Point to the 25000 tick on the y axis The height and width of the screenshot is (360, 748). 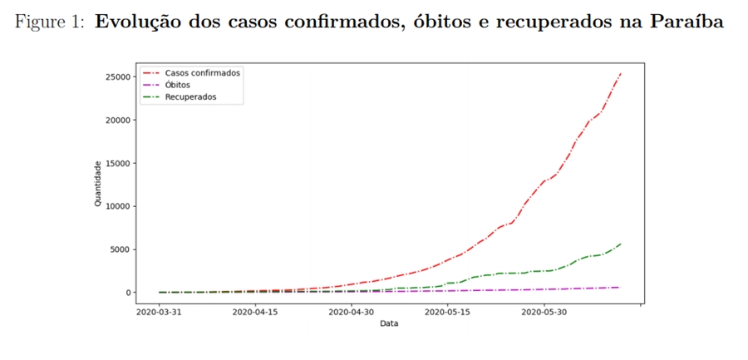[x=117, y=76]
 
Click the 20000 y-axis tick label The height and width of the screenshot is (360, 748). [x=117, y=120]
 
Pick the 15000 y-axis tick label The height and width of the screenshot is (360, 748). [x=117, y=163]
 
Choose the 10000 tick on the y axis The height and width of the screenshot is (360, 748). [x=117, y=206]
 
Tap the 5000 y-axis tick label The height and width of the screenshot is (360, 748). [x=120, y=249]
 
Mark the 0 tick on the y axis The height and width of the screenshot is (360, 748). [x=128, y=293]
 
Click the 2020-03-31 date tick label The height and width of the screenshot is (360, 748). [x=160, y=313]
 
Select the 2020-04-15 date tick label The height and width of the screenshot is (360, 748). [x=256, y=313]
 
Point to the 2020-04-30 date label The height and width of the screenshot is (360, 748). [x=352, y=313]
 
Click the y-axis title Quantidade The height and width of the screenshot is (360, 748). [x=98, y=185]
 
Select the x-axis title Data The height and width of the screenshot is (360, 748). [x=389, y=324]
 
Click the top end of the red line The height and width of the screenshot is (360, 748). [x=621, y=73]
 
